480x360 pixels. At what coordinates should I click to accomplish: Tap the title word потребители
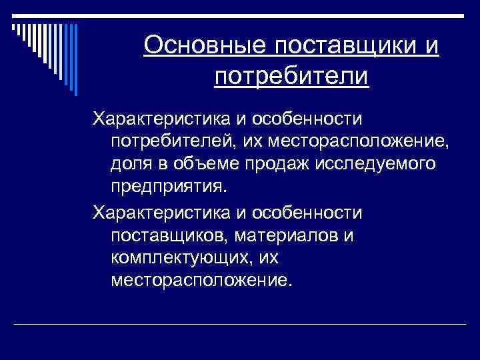[291, 76]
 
